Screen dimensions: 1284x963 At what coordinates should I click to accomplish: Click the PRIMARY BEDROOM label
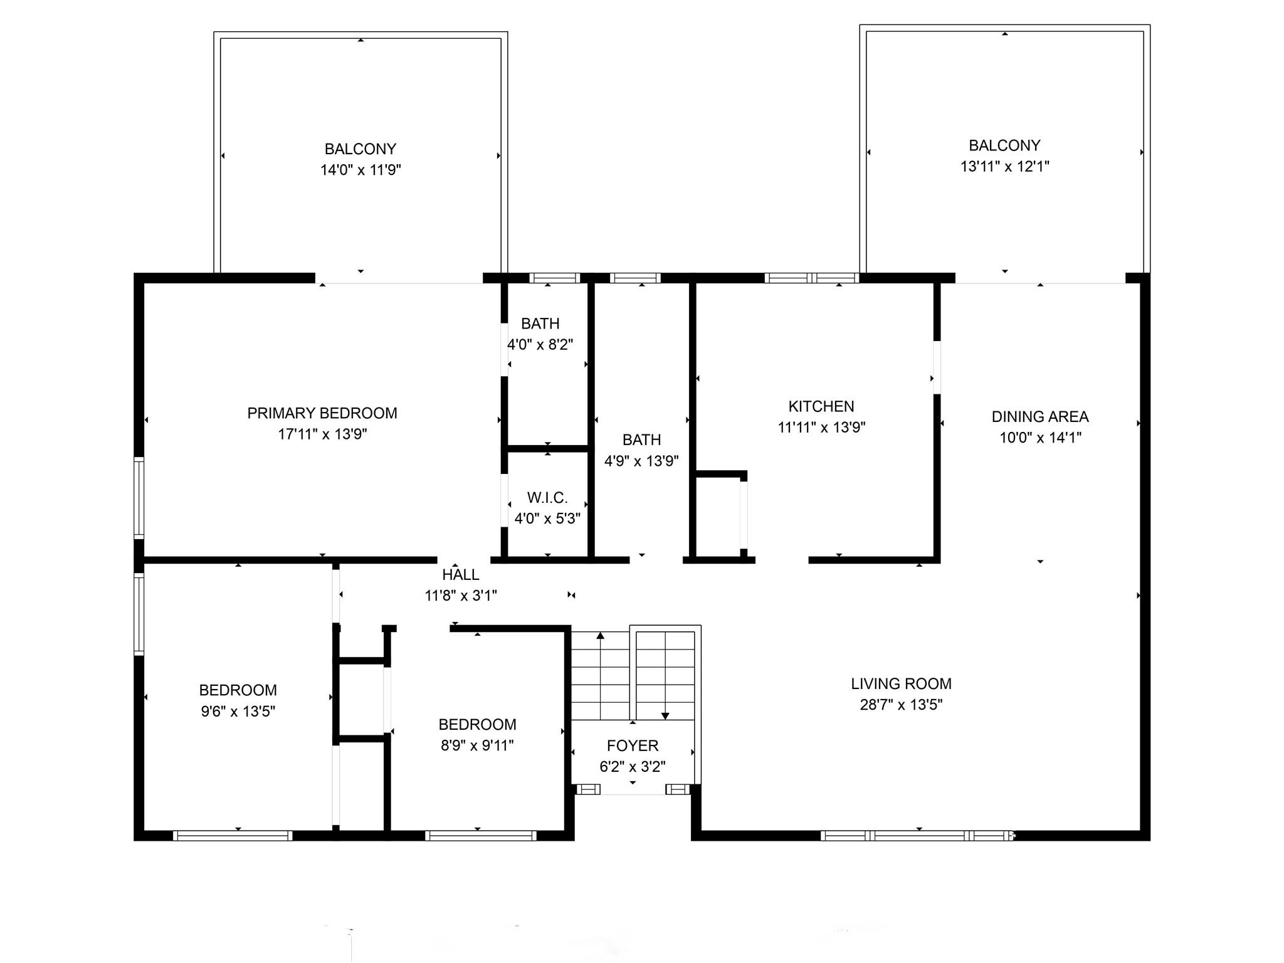(322, 413)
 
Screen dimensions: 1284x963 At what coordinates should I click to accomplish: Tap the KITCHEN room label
(821, 406)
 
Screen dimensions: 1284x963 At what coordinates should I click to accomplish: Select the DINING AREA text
(1040, 417)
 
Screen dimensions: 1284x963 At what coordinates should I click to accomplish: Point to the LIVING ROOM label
(901, 684)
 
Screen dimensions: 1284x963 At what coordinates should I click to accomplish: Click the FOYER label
(633, 746)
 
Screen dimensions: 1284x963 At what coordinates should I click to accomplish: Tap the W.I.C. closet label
(547, 498)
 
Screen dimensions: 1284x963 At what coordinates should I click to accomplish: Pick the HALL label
(461, 575)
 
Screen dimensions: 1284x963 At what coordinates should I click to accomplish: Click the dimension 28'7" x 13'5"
(901, 705)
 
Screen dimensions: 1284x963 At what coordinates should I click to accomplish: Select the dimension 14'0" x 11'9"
(360, 170)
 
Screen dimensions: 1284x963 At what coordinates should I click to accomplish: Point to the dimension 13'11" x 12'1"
(1005, 166)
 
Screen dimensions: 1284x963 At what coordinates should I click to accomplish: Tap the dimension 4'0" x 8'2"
(540, 345)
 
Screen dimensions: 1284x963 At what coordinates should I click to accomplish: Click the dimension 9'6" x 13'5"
(238, 711)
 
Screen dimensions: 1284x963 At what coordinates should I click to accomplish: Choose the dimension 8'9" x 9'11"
(477, 745)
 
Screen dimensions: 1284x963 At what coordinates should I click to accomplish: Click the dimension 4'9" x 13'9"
(641, 461)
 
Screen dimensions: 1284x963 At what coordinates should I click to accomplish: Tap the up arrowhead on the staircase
(601, 636)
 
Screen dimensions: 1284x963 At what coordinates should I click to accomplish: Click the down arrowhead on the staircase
(665, 716)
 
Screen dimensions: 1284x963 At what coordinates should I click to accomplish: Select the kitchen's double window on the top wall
(811, 278)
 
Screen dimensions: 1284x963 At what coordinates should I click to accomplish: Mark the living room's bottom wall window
(917, 835)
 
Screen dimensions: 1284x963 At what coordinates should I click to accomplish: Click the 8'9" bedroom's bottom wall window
(481, 835)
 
